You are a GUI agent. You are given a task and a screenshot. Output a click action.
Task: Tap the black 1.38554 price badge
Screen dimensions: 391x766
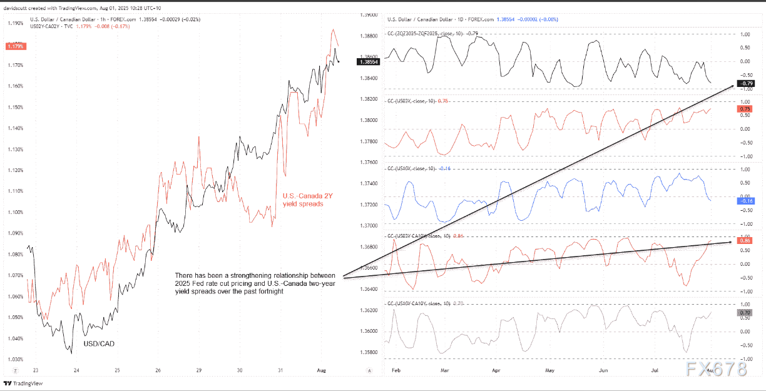[365, 61]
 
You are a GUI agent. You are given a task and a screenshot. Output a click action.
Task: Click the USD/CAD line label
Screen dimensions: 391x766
[99, 343]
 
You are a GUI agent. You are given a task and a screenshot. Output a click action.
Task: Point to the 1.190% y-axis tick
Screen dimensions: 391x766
[15, 23]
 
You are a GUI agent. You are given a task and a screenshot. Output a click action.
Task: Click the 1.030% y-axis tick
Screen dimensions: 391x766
[15, 359]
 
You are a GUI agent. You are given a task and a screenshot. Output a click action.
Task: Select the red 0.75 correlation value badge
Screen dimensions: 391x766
[745, 109]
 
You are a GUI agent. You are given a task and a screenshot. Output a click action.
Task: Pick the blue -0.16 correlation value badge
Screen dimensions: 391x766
[745, 201]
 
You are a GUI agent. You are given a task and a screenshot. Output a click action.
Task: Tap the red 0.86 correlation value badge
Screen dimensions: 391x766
[745, 241]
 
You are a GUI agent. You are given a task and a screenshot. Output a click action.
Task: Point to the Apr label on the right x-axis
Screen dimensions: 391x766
[496, 371]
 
